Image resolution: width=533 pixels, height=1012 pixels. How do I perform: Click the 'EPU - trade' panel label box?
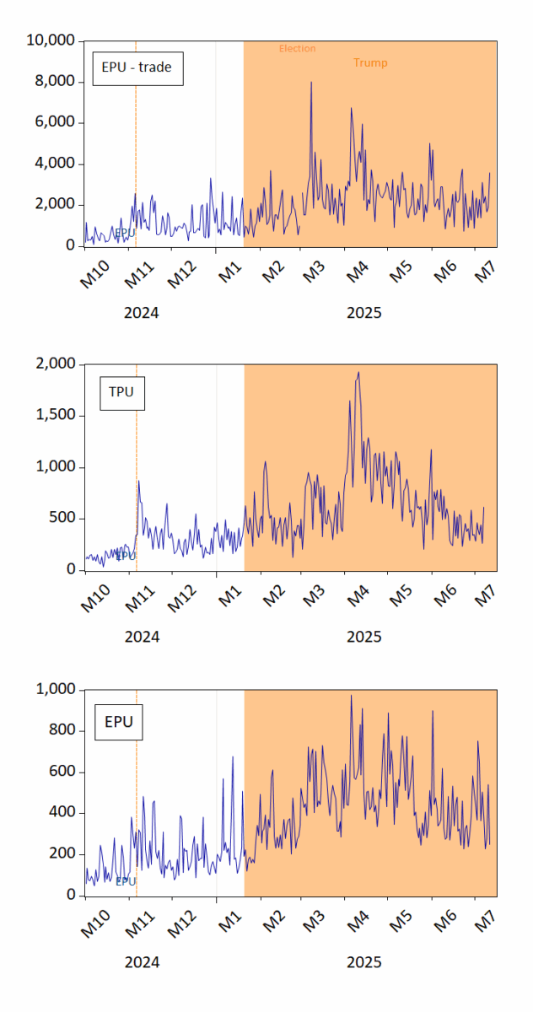(136, 67)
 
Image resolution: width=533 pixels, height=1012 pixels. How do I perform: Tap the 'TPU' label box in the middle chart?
(121, 392)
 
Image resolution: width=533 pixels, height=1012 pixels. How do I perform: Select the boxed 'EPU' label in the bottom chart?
(118, 722)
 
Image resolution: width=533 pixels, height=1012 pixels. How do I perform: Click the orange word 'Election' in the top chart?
(297, 49)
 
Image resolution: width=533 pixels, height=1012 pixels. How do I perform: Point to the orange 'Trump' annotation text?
(370, 63)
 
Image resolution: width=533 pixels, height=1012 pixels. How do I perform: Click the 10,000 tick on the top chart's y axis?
(53, 41)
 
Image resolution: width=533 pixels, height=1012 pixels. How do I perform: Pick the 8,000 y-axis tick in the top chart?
(57, 82)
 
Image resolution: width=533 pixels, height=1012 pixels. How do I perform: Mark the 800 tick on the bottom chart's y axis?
(63, 730)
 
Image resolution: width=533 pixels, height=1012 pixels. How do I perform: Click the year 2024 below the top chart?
(141, 313)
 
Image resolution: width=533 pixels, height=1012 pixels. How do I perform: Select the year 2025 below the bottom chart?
(363, 962)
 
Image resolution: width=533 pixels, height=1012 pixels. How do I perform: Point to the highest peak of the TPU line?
(358, 373)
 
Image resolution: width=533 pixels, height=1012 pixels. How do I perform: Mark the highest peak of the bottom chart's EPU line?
(352, 696)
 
